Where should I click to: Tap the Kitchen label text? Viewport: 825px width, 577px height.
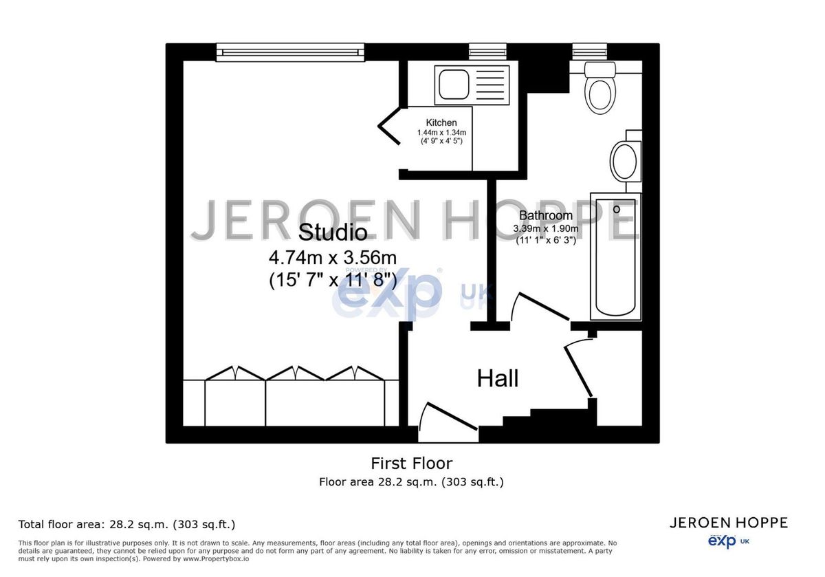coord(441,123)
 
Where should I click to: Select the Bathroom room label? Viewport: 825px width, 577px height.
coord(546,216)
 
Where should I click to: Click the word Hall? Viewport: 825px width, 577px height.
coord(498,378)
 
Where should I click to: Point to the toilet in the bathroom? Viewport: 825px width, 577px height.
coord(599,89)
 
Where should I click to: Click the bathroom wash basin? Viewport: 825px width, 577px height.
coord(624,161)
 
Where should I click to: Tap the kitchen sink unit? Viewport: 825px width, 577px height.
coord(472,85)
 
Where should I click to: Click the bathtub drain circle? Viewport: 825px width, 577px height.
coord(617,209)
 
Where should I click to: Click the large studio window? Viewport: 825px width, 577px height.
coord(290,52)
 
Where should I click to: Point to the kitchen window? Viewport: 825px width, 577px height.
coord(487,51)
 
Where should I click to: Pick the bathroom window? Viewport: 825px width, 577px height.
coord(590,51)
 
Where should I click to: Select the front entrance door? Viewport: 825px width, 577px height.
coord(447,421)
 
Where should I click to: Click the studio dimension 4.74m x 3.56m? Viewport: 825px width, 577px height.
coord(333,258)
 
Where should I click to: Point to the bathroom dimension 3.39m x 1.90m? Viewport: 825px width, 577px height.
coord(546,228)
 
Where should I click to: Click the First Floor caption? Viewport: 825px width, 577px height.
coord(411,464)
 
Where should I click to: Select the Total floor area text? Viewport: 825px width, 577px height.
coord(126,525)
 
